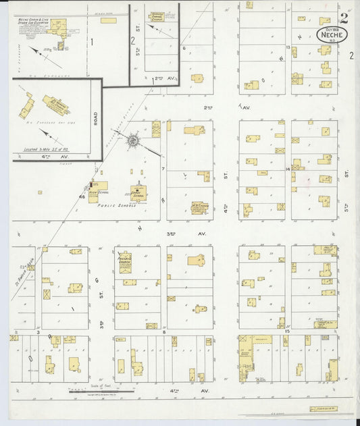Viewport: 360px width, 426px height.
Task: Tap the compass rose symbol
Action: coord(133,140)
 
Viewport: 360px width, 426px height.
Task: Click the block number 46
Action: coord(82,196)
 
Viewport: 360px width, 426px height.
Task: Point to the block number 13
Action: coord(287,47)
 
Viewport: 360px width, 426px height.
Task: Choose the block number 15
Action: coord(287,331)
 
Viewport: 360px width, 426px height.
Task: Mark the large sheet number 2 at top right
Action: coord(344,16)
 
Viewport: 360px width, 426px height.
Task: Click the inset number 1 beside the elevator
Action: coord(91,41)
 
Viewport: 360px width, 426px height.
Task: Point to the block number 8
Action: coord(164,331)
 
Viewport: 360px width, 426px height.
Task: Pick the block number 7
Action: coord(163,167)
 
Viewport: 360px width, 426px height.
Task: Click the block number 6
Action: coord(183,48)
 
